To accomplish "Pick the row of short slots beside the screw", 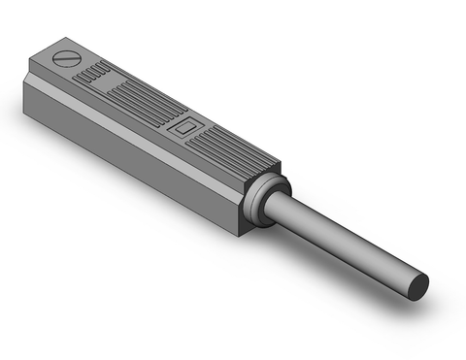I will [x=94, y=74].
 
